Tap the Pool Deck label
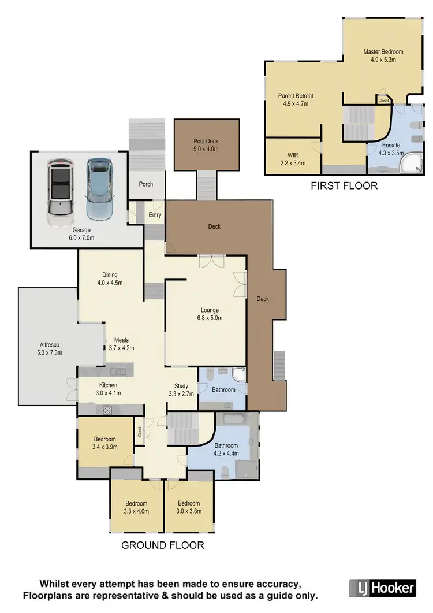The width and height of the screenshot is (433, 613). [206, 141]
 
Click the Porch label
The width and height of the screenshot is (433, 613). [147, 184]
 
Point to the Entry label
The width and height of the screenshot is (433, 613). [155, 215]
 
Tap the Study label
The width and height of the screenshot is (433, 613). [182, 386]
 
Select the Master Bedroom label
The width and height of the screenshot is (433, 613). [383, 52]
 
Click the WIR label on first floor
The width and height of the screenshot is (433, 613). [293, 155]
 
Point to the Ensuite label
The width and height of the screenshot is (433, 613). [391, 145]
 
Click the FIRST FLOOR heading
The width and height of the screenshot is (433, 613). [344, 186]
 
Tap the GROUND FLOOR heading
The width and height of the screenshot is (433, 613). [162, 545]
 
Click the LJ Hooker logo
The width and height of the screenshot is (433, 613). [383, 588]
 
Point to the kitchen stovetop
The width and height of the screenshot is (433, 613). [107, 409]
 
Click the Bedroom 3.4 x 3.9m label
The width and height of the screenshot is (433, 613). [104, 443]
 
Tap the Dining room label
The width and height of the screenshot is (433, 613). [110, 275]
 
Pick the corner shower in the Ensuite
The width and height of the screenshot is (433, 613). [414, 164]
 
